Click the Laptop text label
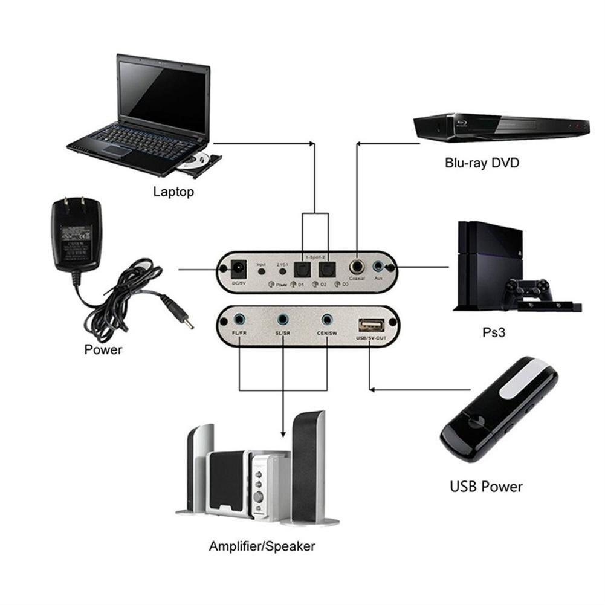[173, 192]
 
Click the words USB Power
[486, 486]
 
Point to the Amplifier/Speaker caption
[262, 546]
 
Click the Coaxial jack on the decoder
[357, 267]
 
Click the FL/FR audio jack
[240, 319]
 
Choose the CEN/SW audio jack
[327, 319]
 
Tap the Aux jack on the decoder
[379, 266]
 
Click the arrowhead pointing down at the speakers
[283, 433]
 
